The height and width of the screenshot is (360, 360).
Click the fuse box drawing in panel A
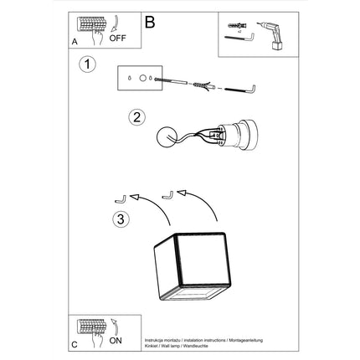pyautogui.click(x=87, y=25)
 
